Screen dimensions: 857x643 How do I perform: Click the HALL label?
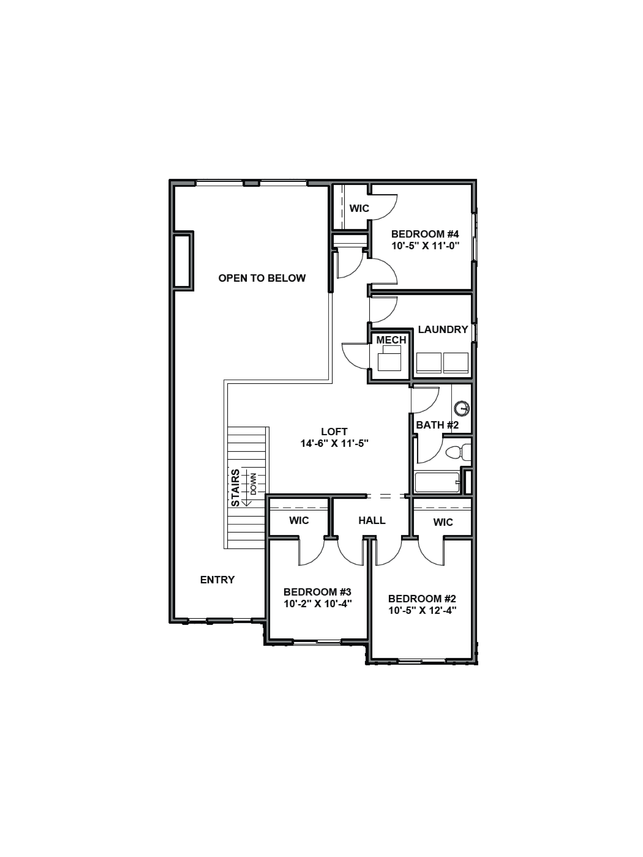pos(372,520)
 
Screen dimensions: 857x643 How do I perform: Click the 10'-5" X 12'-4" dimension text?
pos(422,611)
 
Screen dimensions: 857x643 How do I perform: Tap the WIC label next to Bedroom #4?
pos(359,208)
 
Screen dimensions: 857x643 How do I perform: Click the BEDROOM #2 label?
pos(422,599)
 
